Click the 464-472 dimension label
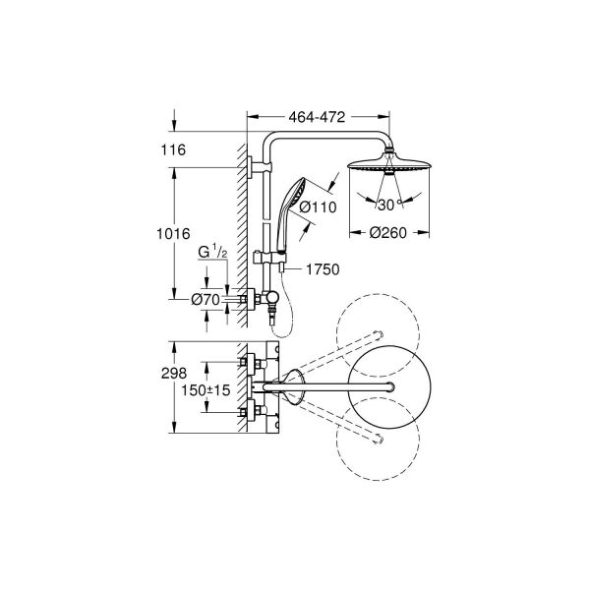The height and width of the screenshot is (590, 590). [317, 117]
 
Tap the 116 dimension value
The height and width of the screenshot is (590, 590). [173, 150]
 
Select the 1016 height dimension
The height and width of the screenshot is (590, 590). [173, 234]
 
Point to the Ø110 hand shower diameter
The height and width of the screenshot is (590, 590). [318, 206]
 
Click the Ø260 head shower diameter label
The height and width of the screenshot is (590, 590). [388, 233]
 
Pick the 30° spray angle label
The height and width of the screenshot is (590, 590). [390, 206]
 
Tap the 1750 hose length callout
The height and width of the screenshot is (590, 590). [323, 269]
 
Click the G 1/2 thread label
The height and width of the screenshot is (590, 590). [212, 252]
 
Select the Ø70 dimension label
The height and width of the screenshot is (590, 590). [206, 300]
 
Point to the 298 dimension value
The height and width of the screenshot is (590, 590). [174, 374]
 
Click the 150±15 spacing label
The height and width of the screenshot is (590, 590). [206, 390]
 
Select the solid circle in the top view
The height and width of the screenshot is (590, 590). [389, 386]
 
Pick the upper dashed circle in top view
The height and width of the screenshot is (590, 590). [379, 334]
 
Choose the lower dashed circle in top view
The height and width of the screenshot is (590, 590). [379, 439]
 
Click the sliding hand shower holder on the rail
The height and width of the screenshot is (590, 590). [269, 258]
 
